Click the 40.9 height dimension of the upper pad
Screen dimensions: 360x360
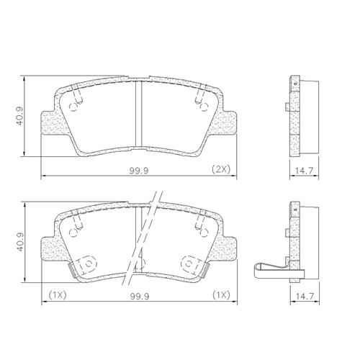(21, 116)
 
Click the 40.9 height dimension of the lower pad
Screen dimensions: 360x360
(21, 242)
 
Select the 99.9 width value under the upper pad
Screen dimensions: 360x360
(139, 171)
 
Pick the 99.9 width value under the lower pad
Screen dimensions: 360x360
(140, 297)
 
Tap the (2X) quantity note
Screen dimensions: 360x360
(221, 169)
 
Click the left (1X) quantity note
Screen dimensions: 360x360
(58, 294)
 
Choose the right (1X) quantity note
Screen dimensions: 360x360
(221, 294)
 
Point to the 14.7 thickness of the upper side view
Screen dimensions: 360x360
(304, 171)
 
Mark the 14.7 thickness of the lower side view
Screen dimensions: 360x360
(305, 297)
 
